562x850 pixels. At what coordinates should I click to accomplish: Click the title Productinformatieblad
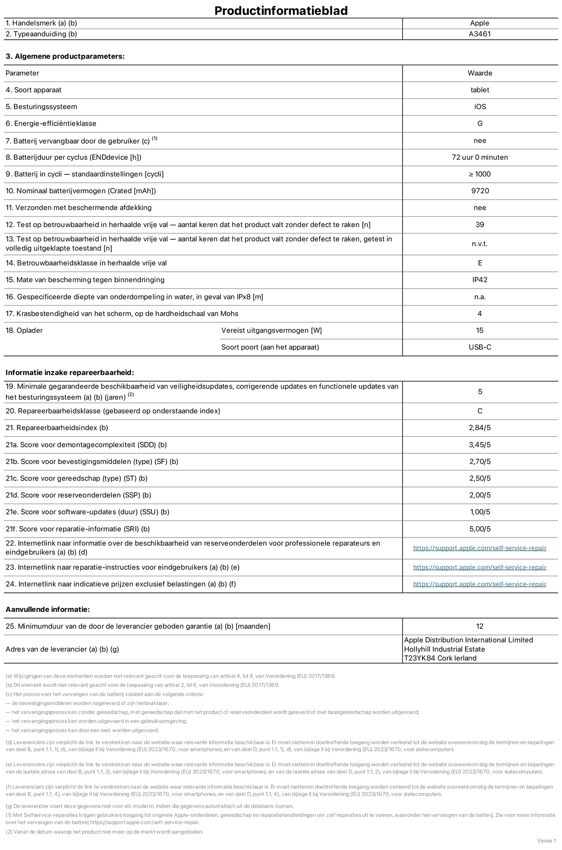coord(281,11)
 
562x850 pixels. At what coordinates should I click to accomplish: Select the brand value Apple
coord(479,23)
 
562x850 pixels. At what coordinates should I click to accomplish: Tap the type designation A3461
coord(479,34)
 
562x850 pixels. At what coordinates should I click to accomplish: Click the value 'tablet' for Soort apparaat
coord(479,90)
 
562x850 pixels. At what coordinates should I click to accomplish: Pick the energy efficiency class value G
coord(479,123)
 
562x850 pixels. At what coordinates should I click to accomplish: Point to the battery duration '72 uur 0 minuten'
coord(479,157)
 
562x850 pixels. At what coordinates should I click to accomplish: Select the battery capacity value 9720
coord(479,191)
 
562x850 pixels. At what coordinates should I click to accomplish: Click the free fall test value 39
coord(479,225)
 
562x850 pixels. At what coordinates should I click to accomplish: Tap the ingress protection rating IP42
coord(479,280)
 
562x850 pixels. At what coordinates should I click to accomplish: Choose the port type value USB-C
coord(479,347)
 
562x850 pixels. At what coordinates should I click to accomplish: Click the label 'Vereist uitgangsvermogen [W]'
coord(271,330)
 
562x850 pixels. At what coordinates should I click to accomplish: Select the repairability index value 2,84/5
coord(479,428)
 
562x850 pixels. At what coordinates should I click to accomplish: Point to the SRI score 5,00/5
coord(479,529)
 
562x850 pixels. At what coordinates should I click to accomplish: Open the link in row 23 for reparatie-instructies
coord(479,568)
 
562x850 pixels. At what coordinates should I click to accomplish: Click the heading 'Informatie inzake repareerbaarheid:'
coord(69,373)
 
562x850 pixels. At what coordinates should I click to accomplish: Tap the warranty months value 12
coord(479,626)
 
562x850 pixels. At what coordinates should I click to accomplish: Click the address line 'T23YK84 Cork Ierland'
coord(440,658)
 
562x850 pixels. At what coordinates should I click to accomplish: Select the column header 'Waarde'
coord(479,73)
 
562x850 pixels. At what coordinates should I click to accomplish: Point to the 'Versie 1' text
coord(546,841)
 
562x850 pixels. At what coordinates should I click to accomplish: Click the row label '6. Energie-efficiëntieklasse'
coord(51,123)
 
